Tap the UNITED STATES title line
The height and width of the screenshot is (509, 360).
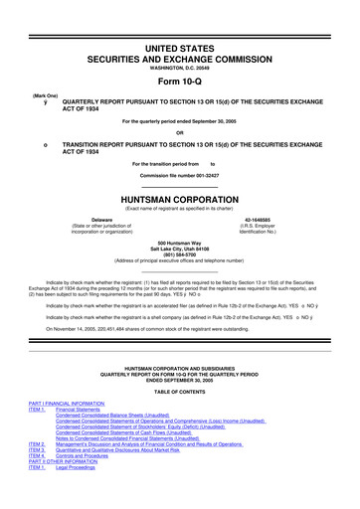tap(179, 49)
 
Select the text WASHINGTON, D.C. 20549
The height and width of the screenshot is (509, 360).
tap(179, 68)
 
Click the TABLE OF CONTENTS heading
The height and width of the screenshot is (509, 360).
tap(179, 387)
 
